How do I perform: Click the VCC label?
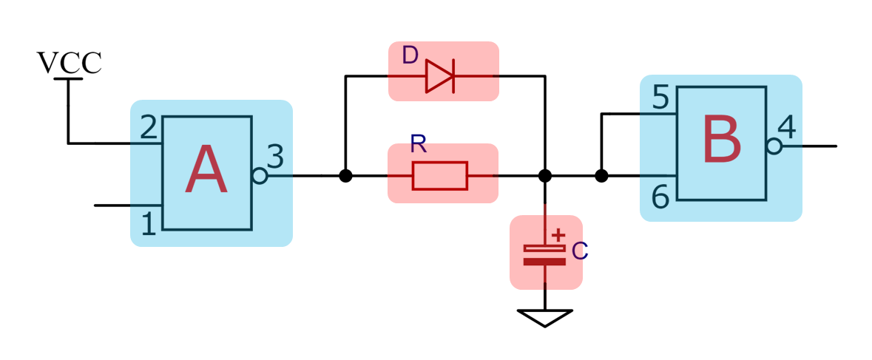click(69, 64)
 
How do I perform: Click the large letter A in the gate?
click(206, 171)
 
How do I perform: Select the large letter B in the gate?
click(721, 140)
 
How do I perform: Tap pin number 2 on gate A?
click(149, 129)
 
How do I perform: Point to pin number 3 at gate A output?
click(275, 157)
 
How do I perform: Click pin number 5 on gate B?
click(660, 97)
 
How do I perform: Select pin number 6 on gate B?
click(660, 197)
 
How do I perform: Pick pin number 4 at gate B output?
click(787, 128)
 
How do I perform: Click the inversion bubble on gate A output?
click(260, 176)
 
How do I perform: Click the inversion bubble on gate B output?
click(774, 146)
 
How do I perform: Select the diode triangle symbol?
click(439, 75)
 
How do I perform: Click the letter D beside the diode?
click(410, 55)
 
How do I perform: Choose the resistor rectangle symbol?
click(440, 176)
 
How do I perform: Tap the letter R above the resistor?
click(419, 145)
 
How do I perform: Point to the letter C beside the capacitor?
click(580, 251)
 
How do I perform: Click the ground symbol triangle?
click(545, 317)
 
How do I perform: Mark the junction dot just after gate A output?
click(345, 176)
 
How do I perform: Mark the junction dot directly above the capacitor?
click(545, 176)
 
